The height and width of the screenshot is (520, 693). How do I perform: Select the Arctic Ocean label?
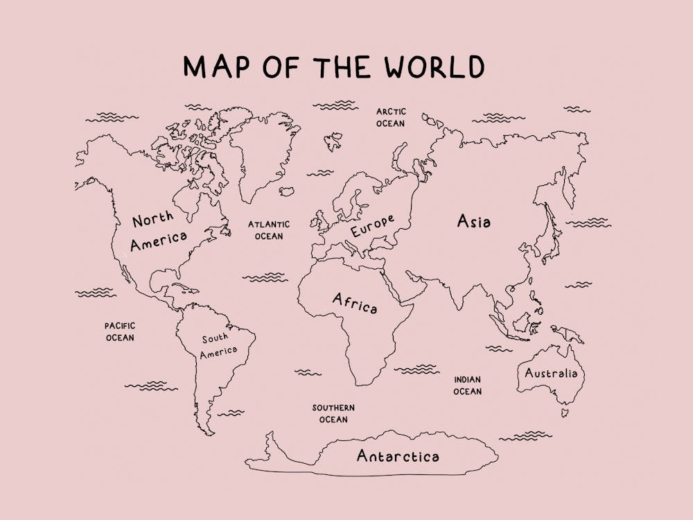[391, 117]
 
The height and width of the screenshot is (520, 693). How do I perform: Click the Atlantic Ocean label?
[269, 230]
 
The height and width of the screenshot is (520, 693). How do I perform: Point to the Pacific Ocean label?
[120, 331]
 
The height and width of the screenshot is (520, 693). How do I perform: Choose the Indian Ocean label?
[467, 385]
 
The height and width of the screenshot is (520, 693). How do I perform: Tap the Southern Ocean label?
[333, 413]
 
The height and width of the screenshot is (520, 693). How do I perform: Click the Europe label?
[372, 226]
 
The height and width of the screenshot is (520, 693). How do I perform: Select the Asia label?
[474, 222]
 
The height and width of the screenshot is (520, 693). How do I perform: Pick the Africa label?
[355, 303]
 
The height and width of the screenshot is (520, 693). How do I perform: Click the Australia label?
[550, 373]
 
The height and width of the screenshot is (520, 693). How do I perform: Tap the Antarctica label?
[397, 456]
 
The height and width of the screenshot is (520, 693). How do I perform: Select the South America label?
[218, 345]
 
